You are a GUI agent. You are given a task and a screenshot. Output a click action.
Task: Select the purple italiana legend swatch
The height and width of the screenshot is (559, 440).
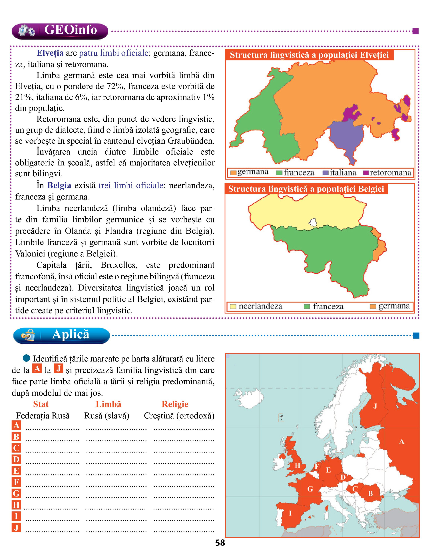325,173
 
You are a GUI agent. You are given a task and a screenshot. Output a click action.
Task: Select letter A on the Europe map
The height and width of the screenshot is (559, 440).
401,442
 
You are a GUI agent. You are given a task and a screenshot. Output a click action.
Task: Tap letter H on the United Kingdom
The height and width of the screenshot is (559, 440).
297,466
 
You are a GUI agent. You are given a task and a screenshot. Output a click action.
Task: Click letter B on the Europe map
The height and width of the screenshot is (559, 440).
370,493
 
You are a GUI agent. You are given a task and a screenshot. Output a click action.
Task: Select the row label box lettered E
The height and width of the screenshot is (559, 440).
16,471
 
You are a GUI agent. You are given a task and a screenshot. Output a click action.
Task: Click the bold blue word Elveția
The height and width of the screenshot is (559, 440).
50,53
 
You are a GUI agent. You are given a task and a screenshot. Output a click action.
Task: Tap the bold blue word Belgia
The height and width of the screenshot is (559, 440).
59,185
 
